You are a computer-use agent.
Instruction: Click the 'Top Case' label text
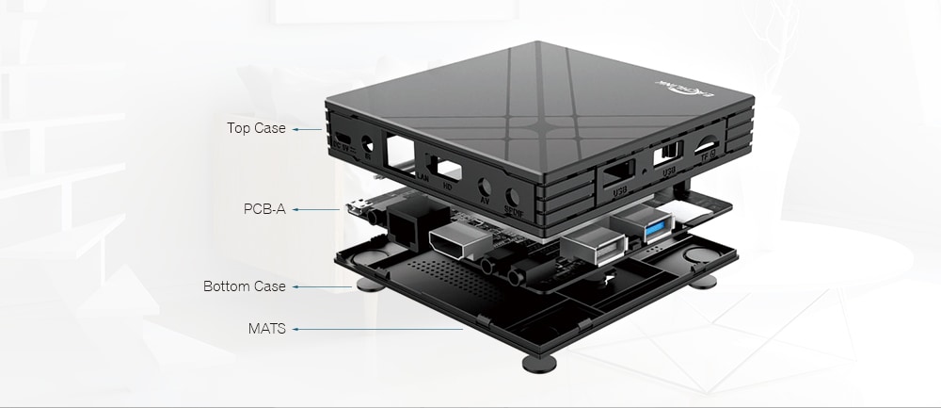[256, 128]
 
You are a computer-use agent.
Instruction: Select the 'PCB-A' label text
[264, 208]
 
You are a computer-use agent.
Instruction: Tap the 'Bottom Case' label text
[245, 286]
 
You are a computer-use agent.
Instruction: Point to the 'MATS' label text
[267, 329]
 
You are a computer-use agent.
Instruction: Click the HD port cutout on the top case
[446, 169]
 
